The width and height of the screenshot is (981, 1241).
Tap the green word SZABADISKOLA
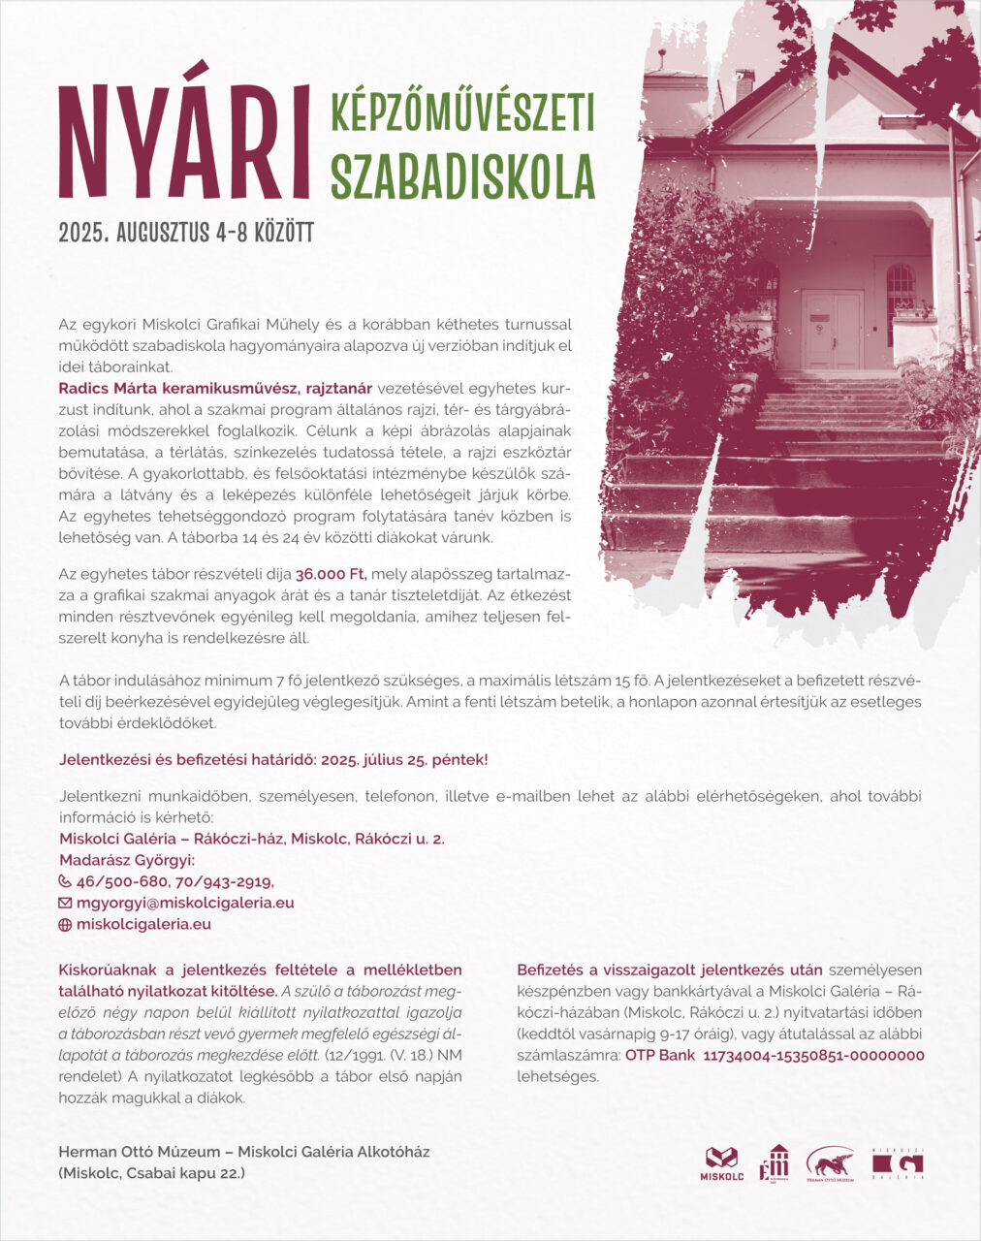click(x=462, y=175)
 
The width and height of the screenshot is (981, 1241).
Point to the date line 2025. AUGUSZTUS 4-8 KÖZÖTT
click(x=186, y=233)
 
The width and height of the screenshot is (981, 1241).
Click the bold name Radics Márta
click(x=109, y=388)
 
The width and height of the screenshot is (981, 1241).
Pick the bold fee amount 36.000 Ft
click(x=331, y=574)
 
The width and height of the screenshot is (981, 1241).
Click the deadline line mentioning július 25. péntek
click(x=273, y=759)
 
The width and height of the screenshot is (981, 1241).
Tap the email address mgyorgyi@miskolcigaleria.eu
click(x=185, y=903)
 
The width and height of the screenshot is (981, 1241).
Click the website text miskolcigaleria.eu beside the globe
click(x=143, y=924)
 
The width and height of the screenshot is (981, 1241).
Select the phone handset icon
click(x=65, y=881)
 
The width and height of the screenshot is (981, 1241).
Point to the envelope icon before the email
click(x=65, y=903)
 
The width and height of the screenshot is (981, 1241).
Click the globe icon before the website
click(x=65, y=925)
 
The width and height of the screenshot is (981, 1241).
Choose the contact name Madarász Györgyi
click(x=127, y=860)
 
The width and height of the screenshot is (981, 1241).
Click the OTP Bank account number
click(x=812, y=1055)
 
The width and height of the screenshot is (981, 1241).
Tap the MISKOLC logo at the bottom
click(x=721, y=1162)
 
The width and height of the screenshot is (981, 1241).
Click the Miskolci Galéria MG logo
click(x=898, y=1162)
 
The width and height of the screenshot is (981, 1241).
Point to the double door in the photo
click(x=832, y=330)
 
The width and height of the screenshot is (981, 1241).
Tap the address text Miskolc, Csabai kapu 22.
click(x=152, y=1173)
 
